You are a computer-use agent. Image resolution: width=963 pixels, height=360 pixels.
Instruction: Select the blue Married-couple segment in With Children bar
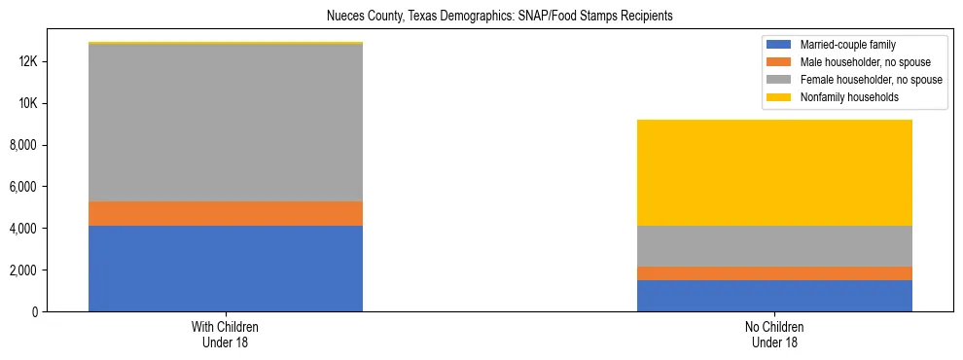(x=226, y=269)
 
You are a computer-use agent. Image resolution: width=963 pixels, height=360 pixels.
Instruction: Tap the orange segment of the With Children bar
(x=226, y=213)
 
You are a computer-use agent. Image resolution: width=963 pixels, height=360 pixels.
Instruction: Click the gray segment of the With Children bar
(x=226, y=123)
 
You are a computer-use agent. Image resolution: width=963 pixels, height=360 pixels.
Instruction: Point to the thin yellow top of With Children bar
(x=226, y=43)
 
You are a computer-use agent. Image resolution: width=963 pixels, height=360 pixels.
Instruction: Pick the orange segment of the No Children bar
(x=774, y=273)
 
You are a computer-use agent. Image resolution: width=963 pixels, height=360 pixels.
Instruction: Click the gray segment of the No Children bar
(x=774, y=246)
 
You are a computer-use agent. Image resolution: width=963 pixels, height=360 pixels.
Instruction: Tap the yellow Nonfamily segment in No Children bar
(x=774, y=172)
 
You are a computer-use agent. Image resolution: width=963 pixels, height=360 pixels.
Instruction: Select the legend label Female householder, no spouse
(x=871, y=80)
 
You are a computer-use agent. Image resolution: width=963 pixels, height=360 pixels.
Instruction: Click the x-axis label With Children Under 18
(x=226, y=334)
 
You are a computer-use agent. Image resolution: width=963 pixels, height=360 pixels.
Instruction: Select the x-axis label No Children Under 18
(x=774, y=334)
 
